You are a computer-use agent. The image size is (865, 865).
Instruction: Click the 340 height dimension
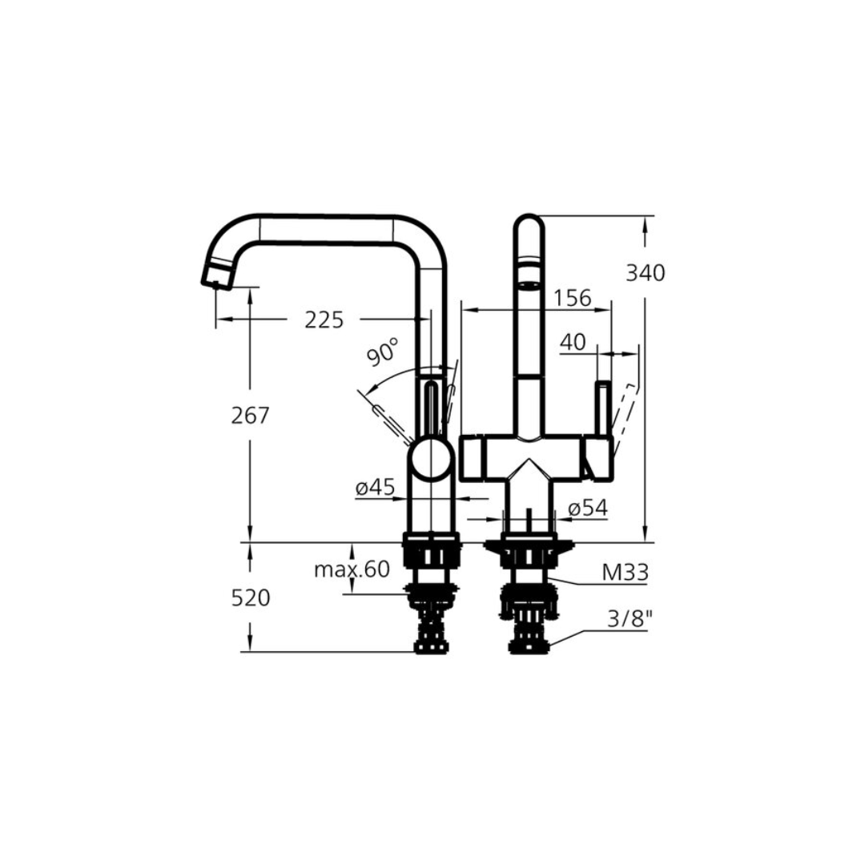point(646,273)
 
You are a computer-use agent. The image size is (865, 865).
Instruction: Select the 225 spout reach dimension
point(324,320)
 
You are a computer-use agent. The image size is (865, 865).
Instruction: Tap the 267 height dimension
point(250,416)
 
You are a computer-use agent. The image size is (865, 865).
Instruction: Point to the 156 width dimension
point(572,298)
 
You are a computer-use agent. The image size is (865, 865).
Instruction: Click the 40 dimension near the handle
point(573,342)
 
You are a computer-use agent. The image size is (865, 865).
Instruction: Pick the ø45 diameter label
point(375,487)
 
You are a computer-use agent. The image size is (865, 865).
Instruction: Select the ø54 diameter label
point(588,508)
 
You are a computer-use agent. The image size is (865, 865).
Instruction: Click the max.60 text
point(352,569)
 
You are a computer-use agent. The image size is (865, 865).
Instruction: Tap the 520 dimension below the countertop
point(251,598)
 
